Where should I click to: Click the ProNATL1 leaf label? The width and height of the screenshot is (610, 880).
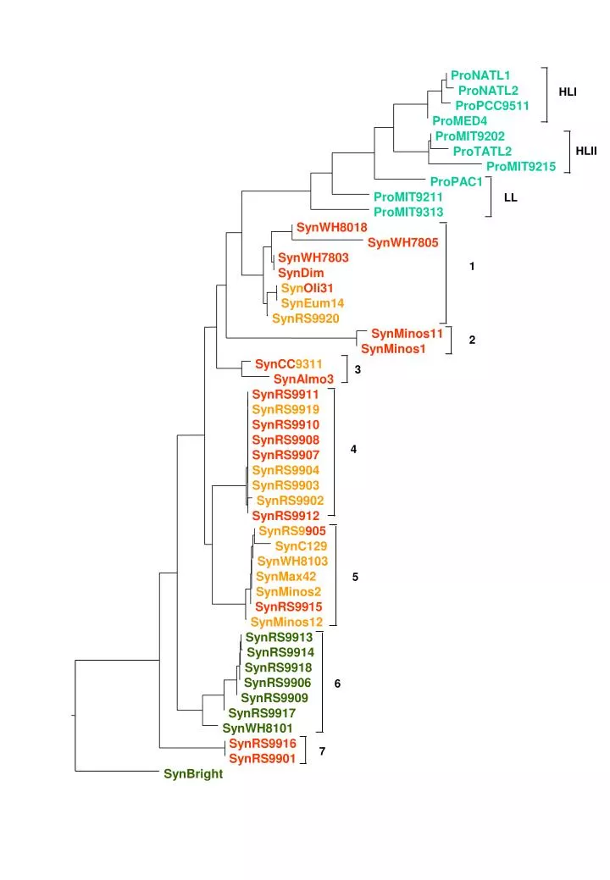pos(480,75)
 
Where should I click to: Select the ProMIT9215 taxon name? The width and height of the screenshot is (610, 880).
pos(521,166)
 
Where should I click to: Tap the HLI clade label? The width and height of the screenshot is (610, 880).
pos(568,91)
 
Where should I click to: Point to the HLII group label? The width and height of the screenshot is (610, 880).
pos(586,151)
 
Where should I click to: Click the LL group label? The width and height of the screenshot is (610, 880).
pos(510,197)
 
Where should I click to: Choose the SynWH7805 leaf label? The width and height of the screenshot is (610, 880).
pos(403,242)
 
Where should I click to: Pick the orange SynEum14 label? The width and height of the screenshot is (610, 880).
pos(313,303)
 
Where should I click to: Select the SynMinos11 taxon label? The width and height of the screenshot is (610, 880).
pos(407,334)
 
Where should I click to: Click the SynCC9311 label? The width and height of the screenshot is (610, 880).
pos(288,363)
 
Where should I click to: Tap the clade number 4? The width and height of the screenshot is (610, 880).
pos(353,449)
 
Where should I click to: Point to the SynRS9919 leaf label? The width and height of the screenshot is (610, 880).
pos(286,410)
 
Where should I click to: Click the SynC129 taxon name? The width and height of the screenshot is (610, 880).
pos(301,546)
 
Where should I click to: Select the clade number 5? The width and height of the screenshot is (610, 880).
pos(355,577)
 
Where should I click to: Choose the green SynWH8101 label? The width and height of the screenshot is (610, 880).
pos(258,728)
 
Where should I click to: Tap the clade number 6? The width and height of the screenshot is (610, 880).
pos(337,683)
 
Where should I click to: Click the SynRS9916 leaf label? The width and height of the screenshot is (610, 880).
pos(262,743)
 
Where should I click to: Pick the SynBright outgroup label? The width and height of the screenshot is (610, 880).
pos(193,774)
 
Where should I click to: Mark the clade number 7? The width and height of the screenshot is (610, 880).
pos(322,751)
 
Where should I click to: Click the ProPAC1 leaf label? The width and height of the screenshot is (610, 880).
pos(457,181)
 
